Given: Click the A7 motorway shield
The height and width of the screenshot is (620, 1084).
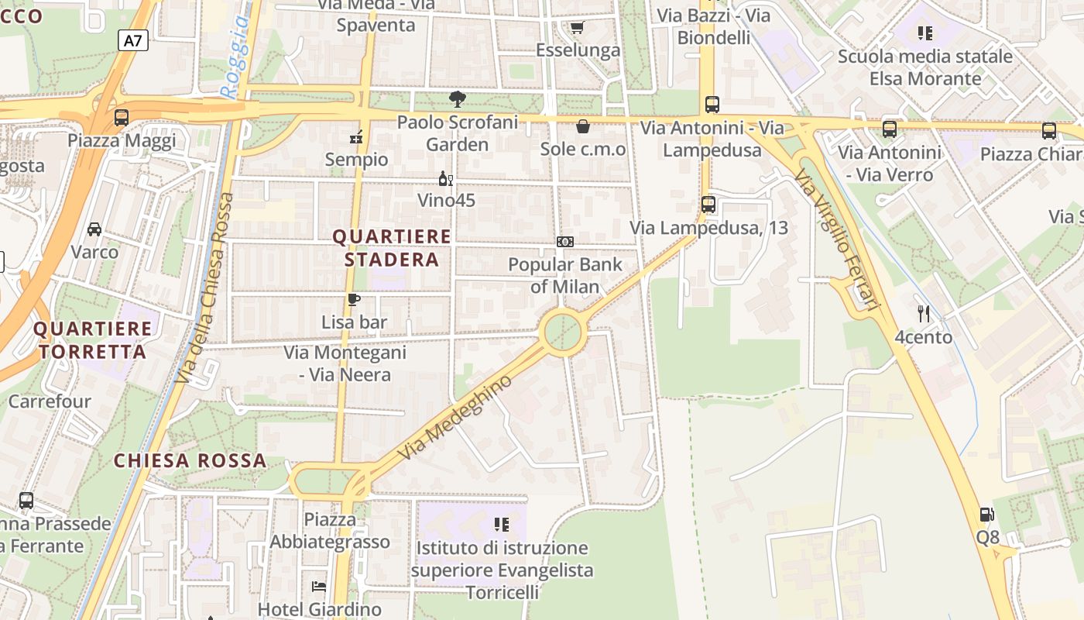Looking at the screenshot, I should click(133, 40).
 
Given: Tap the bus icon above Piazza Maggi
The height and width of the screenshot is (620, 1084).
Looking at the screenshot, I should click(122, 118).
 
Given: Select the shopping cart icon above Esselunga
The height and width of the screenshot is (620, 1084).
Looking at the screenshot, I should click(576, 29).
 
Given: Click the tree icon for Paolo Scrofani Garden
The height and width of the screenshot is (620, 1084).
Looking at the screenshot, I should click(458, 99).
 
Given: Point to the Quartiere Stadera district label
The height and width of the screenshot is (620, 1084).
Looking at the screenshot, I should click(392, 248).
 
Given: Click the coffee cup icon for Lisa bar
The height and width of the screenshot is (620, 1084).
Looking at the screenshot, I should click(354, 299).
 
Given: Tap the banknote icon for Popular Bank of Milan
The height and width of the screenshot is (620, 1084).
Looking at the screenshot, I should click(565, 242).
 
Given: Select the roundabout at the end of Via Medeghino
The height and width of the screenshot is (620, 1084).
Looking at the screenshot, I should click(564, 332).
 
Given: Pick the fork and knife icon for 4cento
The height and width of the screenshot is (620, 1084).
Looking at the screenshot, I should click(923, 314).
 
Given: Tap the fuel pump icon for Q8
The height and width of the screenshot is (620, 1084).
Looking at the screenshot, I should click(987, 514).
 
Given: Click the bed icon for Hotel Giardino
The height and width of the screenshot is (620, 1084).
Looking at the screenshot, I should click(319, 587).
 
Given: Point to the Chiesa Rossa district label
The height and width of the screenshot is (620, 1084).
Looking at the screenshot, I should click(190, 460).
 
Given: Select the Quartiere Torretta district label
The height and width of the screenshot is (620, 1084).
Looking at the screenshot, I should click(93, 340).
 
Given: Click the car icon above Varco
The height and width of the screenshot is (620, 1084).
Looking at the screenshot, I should click(94, 229).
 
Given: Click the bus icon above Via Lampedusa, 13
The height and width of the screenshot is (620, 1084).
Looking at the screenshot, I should click(708, 205).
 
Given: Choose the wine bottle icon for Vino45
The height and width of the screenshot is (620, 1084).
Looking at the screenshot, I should click(446, 179).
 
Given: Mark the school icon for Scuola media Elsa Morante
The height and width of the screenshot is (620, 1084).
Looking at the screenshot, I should click(924, 33).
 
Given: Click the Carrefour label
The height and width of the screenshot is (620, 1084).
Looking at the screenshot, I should click(50, 401).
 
